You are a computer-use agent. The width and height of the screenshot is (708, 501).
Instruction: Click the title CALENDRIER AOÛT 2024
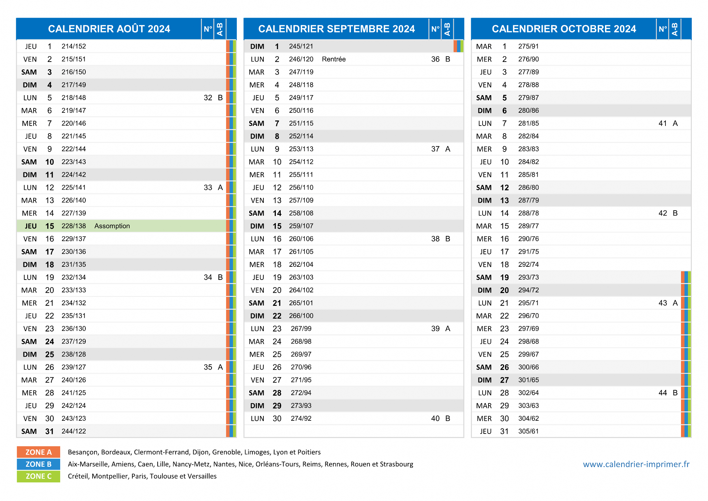(x=109, y=29)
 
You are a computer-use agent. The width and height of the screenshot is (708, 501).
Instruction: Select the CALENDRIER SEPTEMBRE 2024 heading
(x=336, y=29)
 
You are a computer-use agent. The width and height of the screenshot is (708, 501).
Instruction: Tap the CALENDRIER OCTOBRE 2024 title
(x=564, y=29)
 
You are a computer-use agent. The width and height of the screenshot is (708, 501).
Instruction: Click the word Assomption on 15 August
(x=112, y=226)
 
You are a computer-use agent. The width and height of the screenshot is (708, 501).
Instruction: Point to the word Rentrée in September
(x=334, y=59)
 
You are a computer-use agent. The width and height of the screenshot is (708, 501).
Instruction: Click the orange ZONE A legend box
(x=38, y=452)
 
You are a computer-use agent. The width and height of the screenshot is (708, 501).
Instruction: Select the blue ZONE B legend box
(x=38, y=464)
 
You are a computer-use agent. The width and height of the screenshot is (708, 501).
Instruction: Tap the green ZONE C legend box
(x=38, y=476)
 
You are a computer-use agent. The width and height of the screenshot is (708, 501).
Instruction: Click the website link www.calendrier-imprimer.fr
(x=636, y=464)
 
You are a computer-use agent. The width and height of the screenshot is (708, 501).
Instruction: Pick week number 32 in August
(x=208, y=98)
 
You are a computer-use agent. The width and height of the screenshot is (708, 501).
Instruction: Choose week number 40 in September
(x=435, y=418)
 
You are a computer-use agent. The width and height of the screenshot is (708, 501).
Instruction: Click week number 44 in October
(x=663, y=393)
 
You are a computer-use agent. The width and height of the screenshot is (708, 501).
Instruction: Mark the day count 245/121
(x=301, y=46)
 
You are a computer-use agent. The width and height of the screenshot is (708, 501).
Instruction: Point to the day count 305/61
(x=528, y=431)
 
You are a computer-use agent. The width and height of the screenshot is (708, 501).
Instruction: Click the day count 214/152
(x=74, y=46)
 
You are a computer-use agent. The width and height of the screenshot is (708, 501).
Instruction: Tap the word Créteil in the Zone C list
(x=78, y=476)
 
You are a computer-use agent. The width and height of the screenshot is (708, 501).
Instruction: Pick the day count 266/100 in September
(x=301, y=316)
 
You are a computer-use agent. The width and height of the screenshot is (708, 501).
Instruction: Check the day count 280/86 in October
(x=528, y=111)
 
